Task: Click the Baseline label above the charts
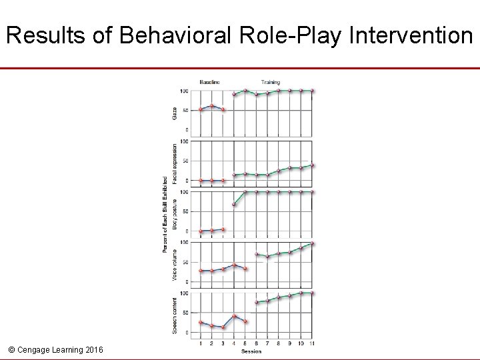point(209,82)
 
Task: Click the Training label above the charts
point(271,82)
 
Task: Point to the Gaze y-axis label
point(175,113)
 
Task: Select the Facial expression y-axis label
point(175,163)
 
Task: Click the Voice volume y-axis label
point(175,264)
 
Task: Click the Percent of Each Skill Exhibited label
point(165,214)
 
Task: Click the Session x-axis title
point(251,351)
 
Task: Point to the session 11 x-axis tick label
point(313,343)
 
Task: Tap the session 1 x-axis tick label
point(201,343)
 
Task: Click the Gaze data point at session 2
point(212,106)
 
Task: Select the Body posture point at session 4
point(234,204)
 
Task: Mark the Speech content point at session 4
point(234,316)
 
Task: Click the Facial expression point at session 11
point(313,165)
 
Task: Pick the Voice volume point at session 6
point(257,254)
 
